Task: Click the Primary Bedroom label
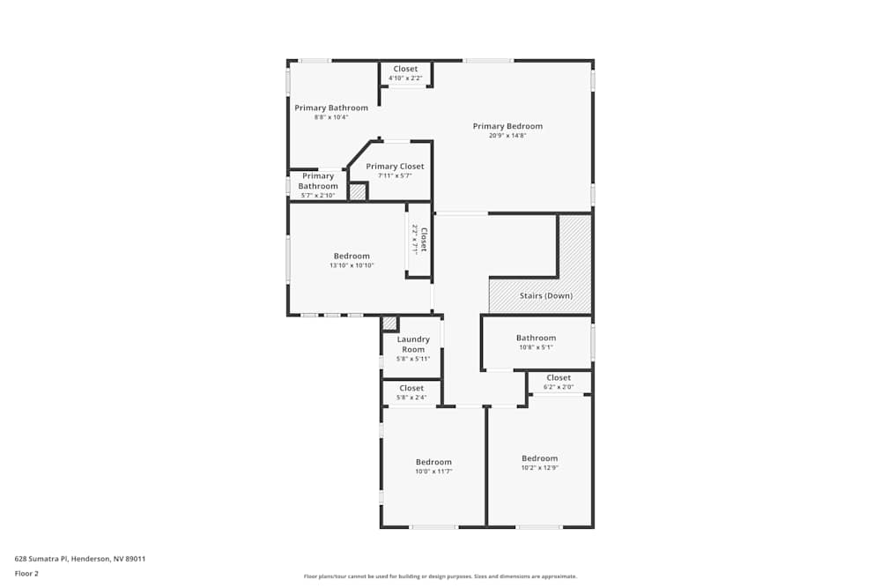point(507,126)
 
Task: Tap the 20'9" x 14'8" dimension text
point(507,136)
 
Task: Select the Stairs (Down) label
point(545,295)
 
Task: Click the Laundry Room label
point(413,344)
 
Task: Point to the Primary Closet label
point(395,167)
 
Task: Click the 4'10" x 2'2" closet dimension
point(405,78)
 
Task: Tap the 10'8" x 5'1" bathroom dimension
point(536,347)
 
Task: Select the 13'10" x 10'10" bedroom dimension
point(352,265)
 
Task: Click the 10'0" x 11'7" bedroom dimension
point(433,472)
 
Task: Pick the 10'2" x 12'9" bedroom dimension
point(539,468)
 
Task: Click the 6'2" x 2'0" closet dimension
point(559,387)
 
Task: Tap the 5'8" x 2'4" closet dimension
point(411,398)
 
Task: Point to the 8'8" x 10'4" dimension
point(331,117)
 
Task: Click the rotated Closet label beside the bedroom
point(424,240)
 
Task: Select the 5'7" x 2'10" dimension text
point(317,196)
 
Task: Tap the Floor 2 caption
point(26,573)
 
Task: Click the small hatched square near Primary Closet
point(358,191)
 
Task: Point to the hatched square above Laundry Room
point(389,324)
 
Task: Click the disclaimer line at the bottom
point(440,577)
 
